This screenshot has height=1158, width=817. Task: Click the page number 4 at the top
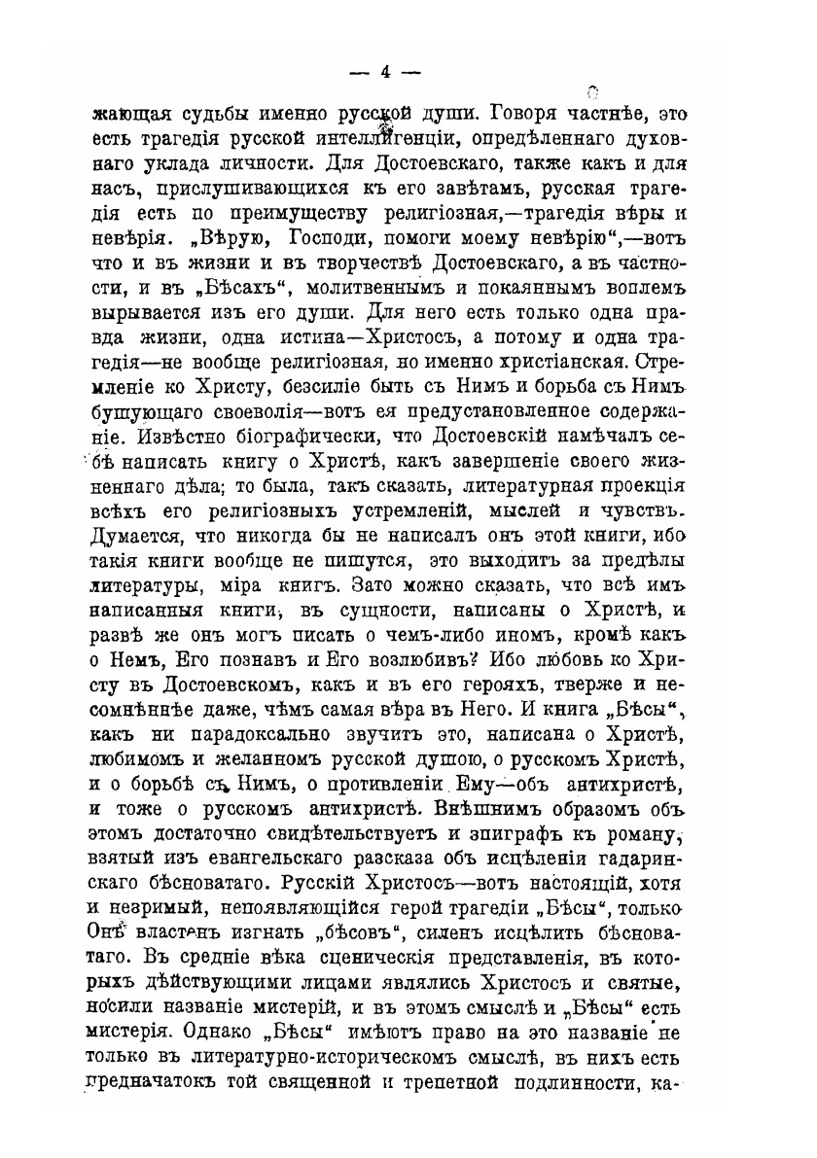pyautogui.click(x=385, y=71)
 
